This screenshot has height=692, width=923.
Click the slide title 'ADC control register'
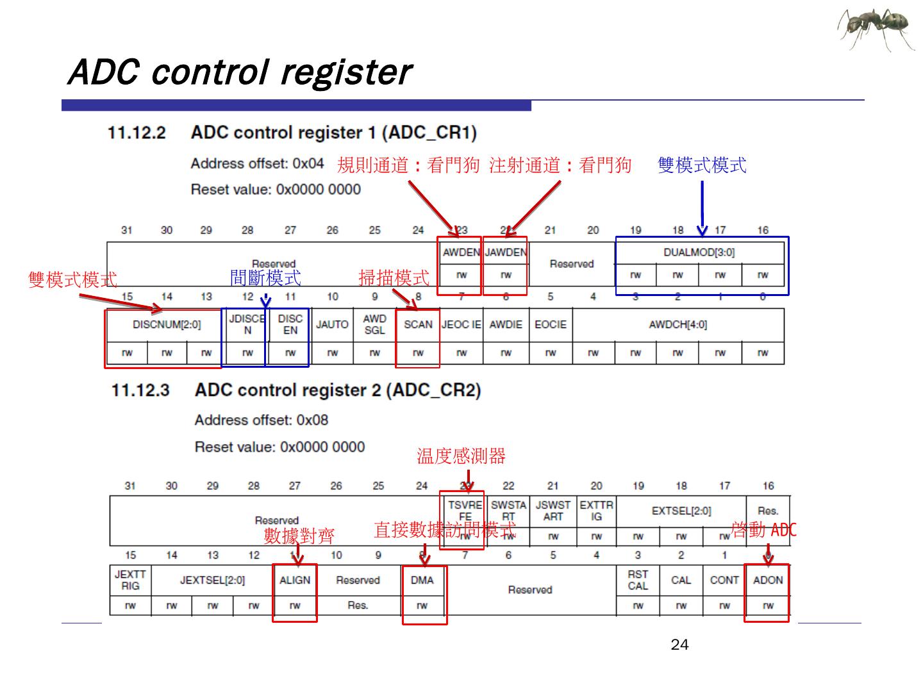click(x=239, y=72)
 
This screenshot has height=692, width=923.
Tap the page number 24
click(x=679, y=645)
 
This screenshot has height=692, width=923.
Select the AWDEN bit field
click(x=461, y=252)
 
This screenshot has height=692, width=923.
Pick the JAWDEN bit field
click(x=506, y=252)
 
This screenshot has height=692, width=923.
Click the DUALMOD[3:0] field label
click(x=699, y=252)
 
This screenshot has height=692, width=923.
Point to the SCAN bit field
click(x=418, y=325)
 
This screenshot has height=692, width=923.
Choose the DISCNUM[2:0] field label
click(x=167, y=325)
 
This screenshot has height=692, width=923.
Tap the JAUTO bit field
click(x=332, y=325)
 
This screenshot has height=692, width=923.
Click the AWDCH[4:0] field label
click(x=678, y=325)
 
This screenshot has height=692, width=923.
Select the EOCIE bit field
click(x=551, y=325)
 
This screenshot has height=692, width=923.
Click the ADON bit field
click(x=768, y=581)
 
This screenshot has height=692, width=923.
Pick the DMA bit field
click(x=422, y=581)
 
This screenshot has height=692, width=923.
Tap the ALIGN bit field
click(x=295, y=581)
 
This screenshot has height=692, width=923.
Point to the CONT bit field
click(x=724, y=581)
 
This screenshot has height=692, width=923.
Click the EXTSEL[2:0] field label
click(x=681, y=511)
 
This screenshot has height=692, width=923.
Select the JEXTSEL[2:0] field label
click(x=212, y=581)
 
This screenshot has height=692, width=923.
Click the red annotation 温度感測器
click(x=461, y=456)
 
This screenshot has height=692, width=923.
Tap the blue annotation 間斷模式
click(x=265, y=278)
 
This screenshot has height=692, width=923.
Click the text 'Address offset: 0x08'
click(x=262, y=420)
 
